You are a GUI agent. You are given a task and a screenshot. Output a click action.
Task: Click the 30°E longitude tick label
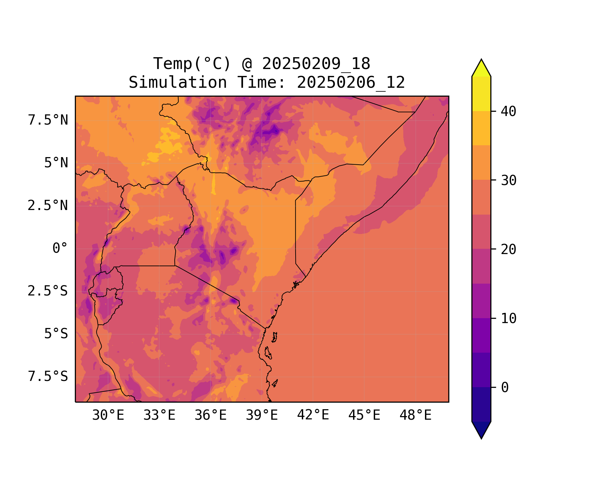coord(108,415)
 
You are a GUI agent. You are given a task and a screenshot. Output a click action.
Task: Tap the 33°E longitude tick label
coord(159,415)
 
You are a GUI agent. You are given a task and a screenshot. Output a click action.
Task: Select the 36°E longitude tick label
coord(211,415)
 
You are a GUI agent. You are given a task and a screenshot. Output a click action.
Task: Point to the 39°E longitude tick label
coord(262,415)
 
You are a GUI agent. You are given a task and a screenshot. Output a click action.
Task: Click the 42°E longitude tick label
coord(313,415)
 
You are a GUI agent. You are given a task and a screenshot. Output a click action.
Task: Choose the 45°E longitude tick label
coord(364,415)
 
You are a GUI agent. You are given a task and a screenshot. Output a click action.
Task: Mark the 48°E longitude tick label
coord(415,415)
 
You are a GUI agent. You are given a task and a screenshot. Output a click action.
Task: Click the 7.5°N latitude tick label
coord(48,120)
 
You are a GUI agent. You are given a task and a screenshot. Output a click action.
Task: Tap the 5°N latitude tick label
coord(56,163)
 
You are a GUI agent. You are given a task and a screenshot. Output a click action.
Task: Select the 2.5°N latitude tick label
coord(48,206)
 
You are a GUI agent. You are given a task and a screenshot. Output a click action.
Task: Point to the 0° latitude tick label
coord(60,248)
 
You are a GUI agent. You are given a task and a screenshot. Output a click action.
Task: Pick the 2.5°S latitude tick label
coord(48,291)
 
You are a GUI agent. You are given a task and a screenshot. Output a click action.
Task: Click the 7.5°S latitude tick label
coord(48,377)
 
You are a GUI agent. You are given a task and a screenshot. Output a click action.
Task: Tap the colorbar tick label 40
coord(508,112)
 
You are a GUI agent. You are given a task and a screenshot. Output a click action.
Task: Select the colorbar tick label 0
coord(505,388)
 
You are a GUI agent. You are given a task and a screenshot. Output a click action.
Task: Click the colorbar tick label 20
coord(508,249)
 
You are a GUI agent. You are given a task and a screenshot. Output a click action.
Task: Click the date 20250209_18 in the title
coord(316,64)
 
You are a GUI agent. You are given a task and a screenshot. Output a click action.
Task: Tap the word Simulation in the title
coord(178,82)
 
